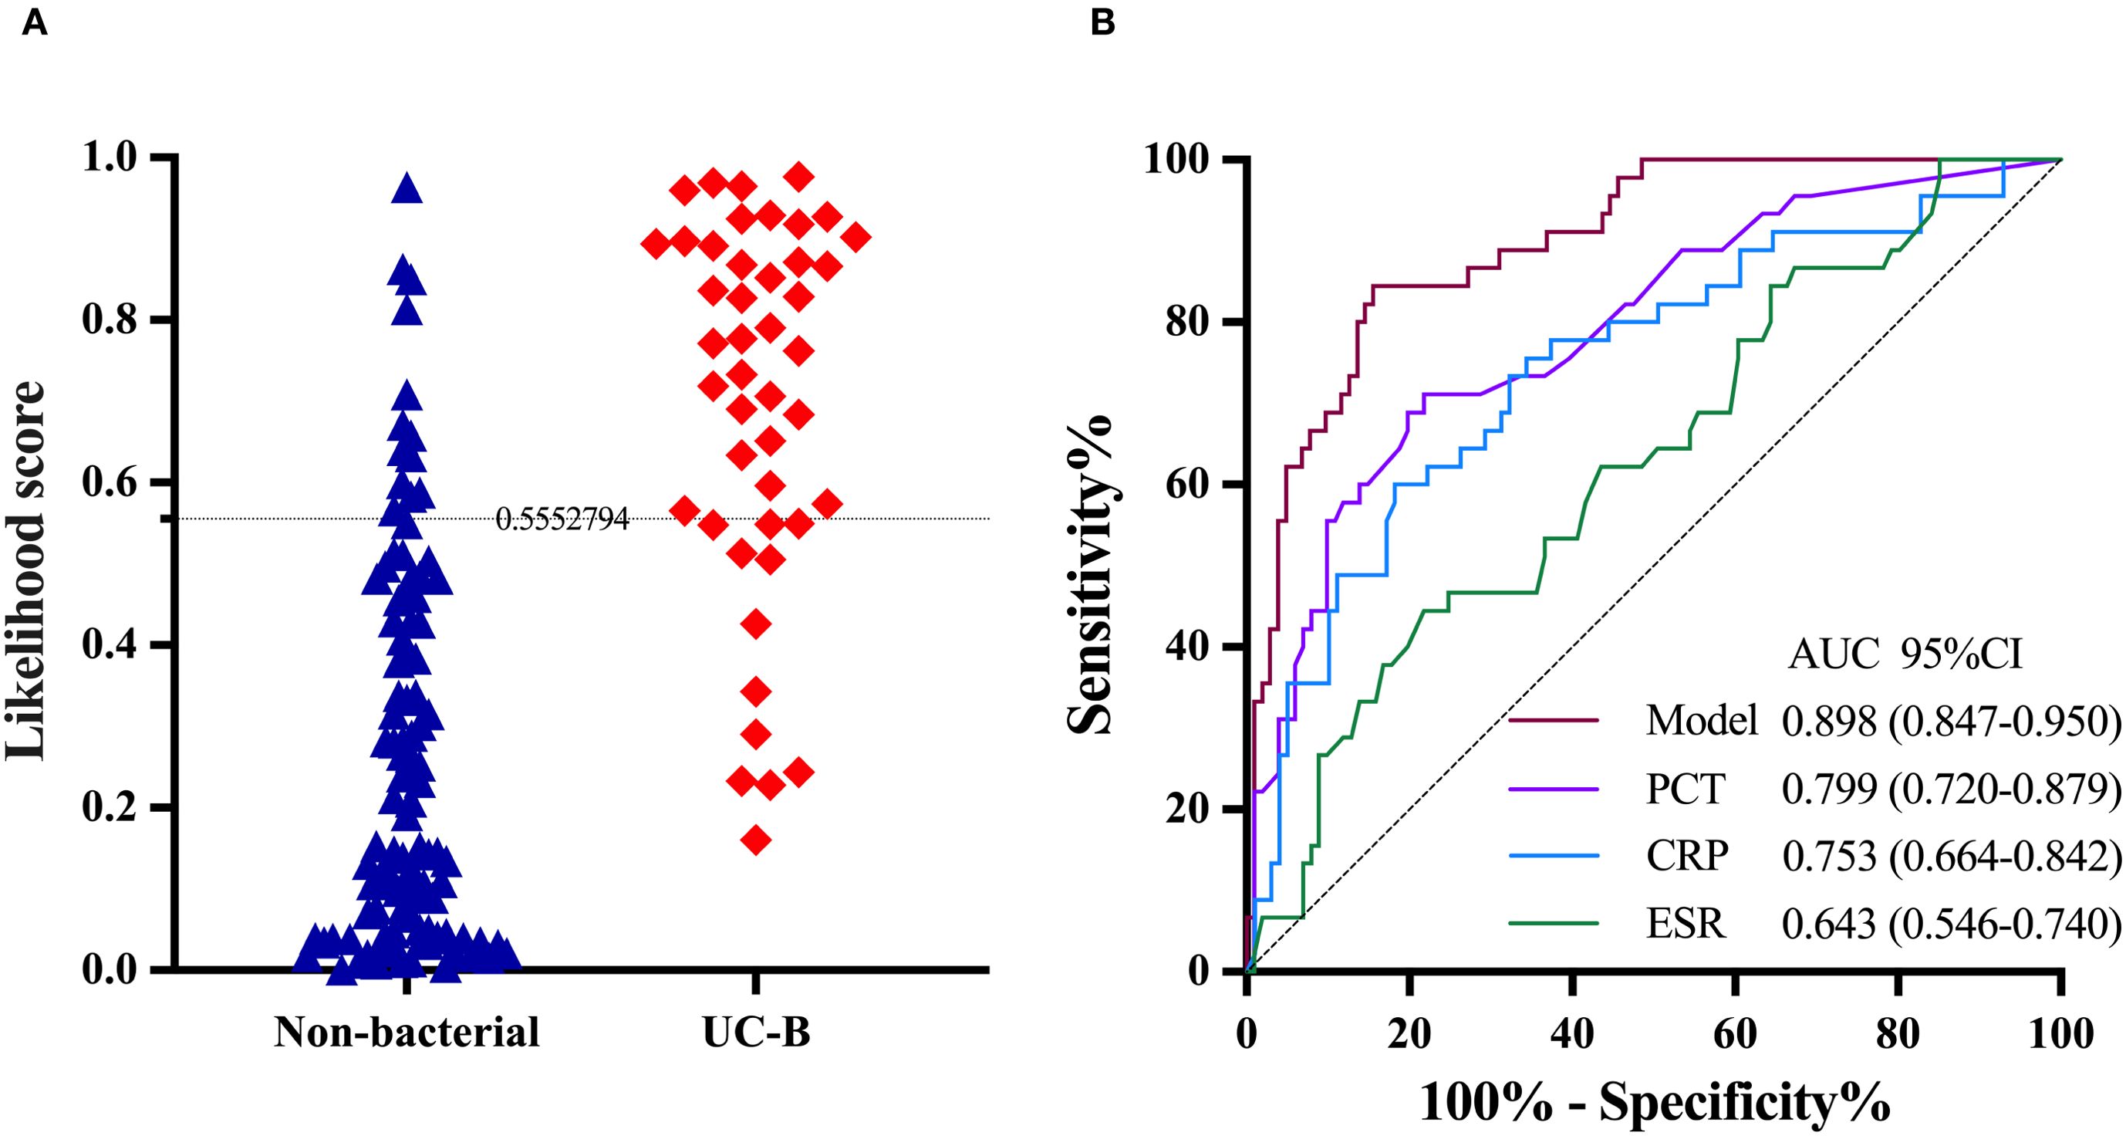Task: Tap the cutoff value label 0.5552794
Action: coord(562,519)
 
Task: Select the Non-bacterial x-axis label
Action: coord(407,1032)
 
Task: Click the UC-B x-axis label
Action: coord(756,1032)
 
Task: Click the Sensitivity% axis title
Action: coord(1089,570)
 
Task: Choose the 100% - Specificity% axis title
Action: coord(1655,1102)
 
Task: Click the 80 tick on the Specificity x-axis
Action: coord(1898,1033)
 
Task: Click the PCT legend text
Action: coord(1686,789)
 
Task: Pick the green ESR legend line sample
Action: coord(1554,923)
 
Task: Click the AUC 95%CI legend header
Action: coord(1905,655)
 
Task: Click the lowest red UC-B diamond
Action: coord(756,840)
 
